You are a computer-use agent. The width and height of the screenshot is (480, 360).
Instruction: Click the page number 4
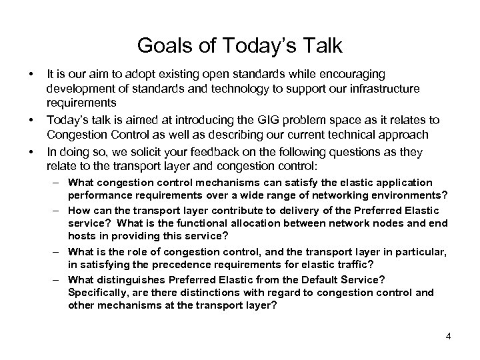pyautogui.click(x=449, y=335)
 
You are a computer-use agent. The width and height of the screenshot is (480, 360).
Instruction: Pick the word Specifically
pyautogui.click(x=97, y=292)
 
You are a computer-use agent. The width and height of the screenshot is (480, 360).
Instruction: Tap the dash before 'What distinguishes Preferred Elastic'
pyautogui.click(x=59, y=279)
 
